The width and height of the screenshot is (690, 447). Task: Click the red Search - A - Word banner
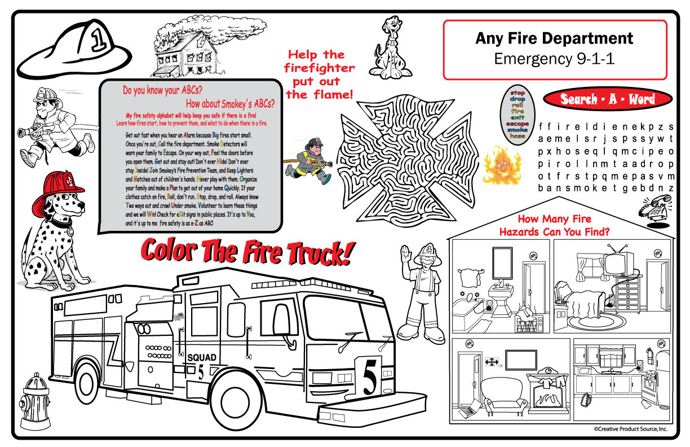[607, 99]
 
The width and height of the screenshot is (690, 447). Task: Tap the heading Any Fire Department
[554, 38]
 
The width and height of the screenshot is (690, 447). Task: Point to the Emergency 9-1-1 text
[554, 58]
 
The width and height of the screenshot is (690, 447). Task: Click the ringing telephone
[654, 206]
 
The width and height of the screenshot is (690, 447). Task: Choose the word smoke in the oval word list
[517, 130]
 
